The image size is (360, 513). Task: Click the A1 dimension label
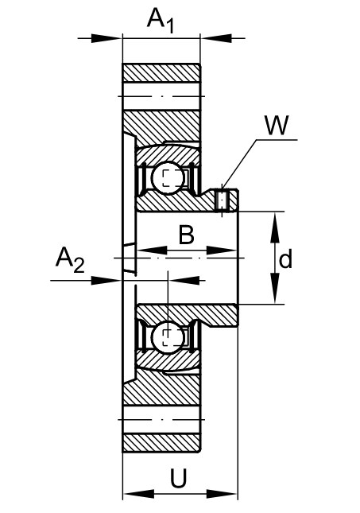tap(161, 21)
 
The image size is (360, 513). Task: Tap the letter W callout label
tap(277, 125)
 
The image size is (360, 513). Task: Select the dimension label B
tap(187, 235)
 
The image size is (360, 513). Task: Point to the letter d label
tap(286, 259)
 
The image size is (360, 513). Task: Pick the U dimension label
tap(179, 478)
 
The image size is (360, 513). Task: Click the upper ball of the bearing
tap(168, 177)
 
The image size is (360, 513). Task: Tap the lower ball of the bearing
tap(168, 338)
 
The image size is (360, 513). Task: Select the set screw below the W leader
tap(223, 200)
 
